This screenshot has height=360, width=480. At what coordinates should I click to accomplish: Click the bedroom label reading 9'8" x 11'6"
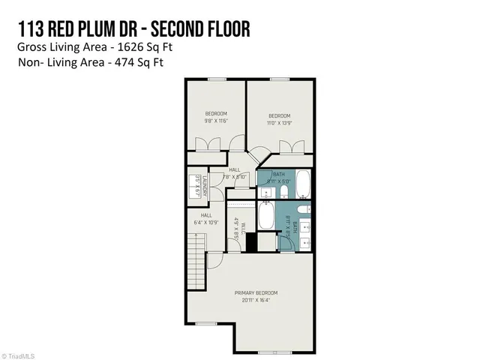click(216, 117)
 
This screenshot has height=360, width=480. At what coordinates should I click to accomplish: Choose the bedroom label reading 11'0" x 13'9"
click(280, 119)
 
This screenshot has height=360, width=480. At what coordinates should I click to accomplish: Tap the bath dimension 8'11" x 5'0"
click(279, 181)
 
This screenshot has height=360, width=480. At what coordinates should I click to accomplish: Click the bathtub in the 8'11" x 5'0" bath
click(303, 182)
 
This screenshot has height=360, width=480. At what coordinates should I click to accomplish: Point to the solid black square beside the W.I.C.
click(251, 243)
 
